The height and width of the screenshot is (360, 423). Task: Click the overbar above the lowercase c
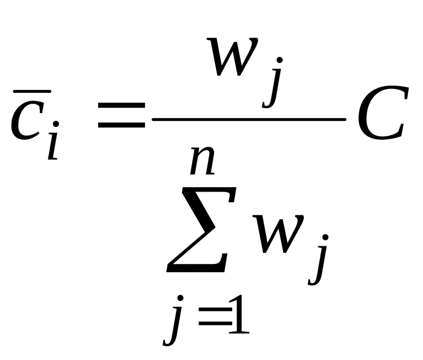pyautogui.click(x=32, y=92)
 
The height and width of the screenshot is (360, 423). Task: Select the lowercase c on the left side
pyautogui.click(x=27, y=120)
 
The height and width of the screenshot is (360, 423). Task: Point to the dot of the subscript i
pyautogui.click(x=56, y=124)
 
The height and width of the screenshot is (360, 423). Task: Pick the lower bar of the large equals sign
pyautogui.click(x=121, y=125)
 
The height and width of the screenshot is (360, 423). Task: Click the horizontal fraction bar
pyautogui.click(x=249, y=119)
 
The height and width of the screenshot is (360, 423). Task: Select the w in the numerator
pyautogui.click(x=233, y=56)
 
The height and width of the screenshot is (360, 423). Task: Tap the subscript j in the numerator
pyautogui.click(x=272, y=82)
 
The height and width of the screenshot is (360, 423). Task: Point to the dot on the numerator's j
pyautogui.click(x=280, y=60)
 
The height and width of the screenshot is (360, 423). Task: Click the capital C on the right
pyautogui.click(x=384, y=113)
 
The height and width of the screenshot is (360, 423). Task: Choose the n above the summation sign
pyautogui.click(x=202, y=161)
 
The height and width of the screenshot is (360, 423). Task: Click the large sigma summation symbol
pyautogui.click(x=201, y=229)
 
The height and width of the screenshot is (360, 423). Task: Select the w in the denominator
pyautogui.click(x=279, y=234)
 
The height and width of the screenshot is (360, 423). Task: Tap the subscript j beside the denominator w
pyautogui.click(x=318, y=260)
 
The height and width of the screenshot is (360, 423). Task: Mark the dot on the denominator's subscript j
pyautogui.click(x=325, y=237)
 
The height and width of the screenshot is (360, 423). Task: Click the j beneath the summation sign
pyautogui.click(x=173, y=321)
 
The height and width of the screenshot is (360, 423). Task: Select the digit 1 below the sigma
pyautogui.click(x=239, y=314)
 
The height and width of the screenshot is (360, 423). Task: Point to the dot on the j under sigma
pyautogui.click(x=180, y=298)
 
